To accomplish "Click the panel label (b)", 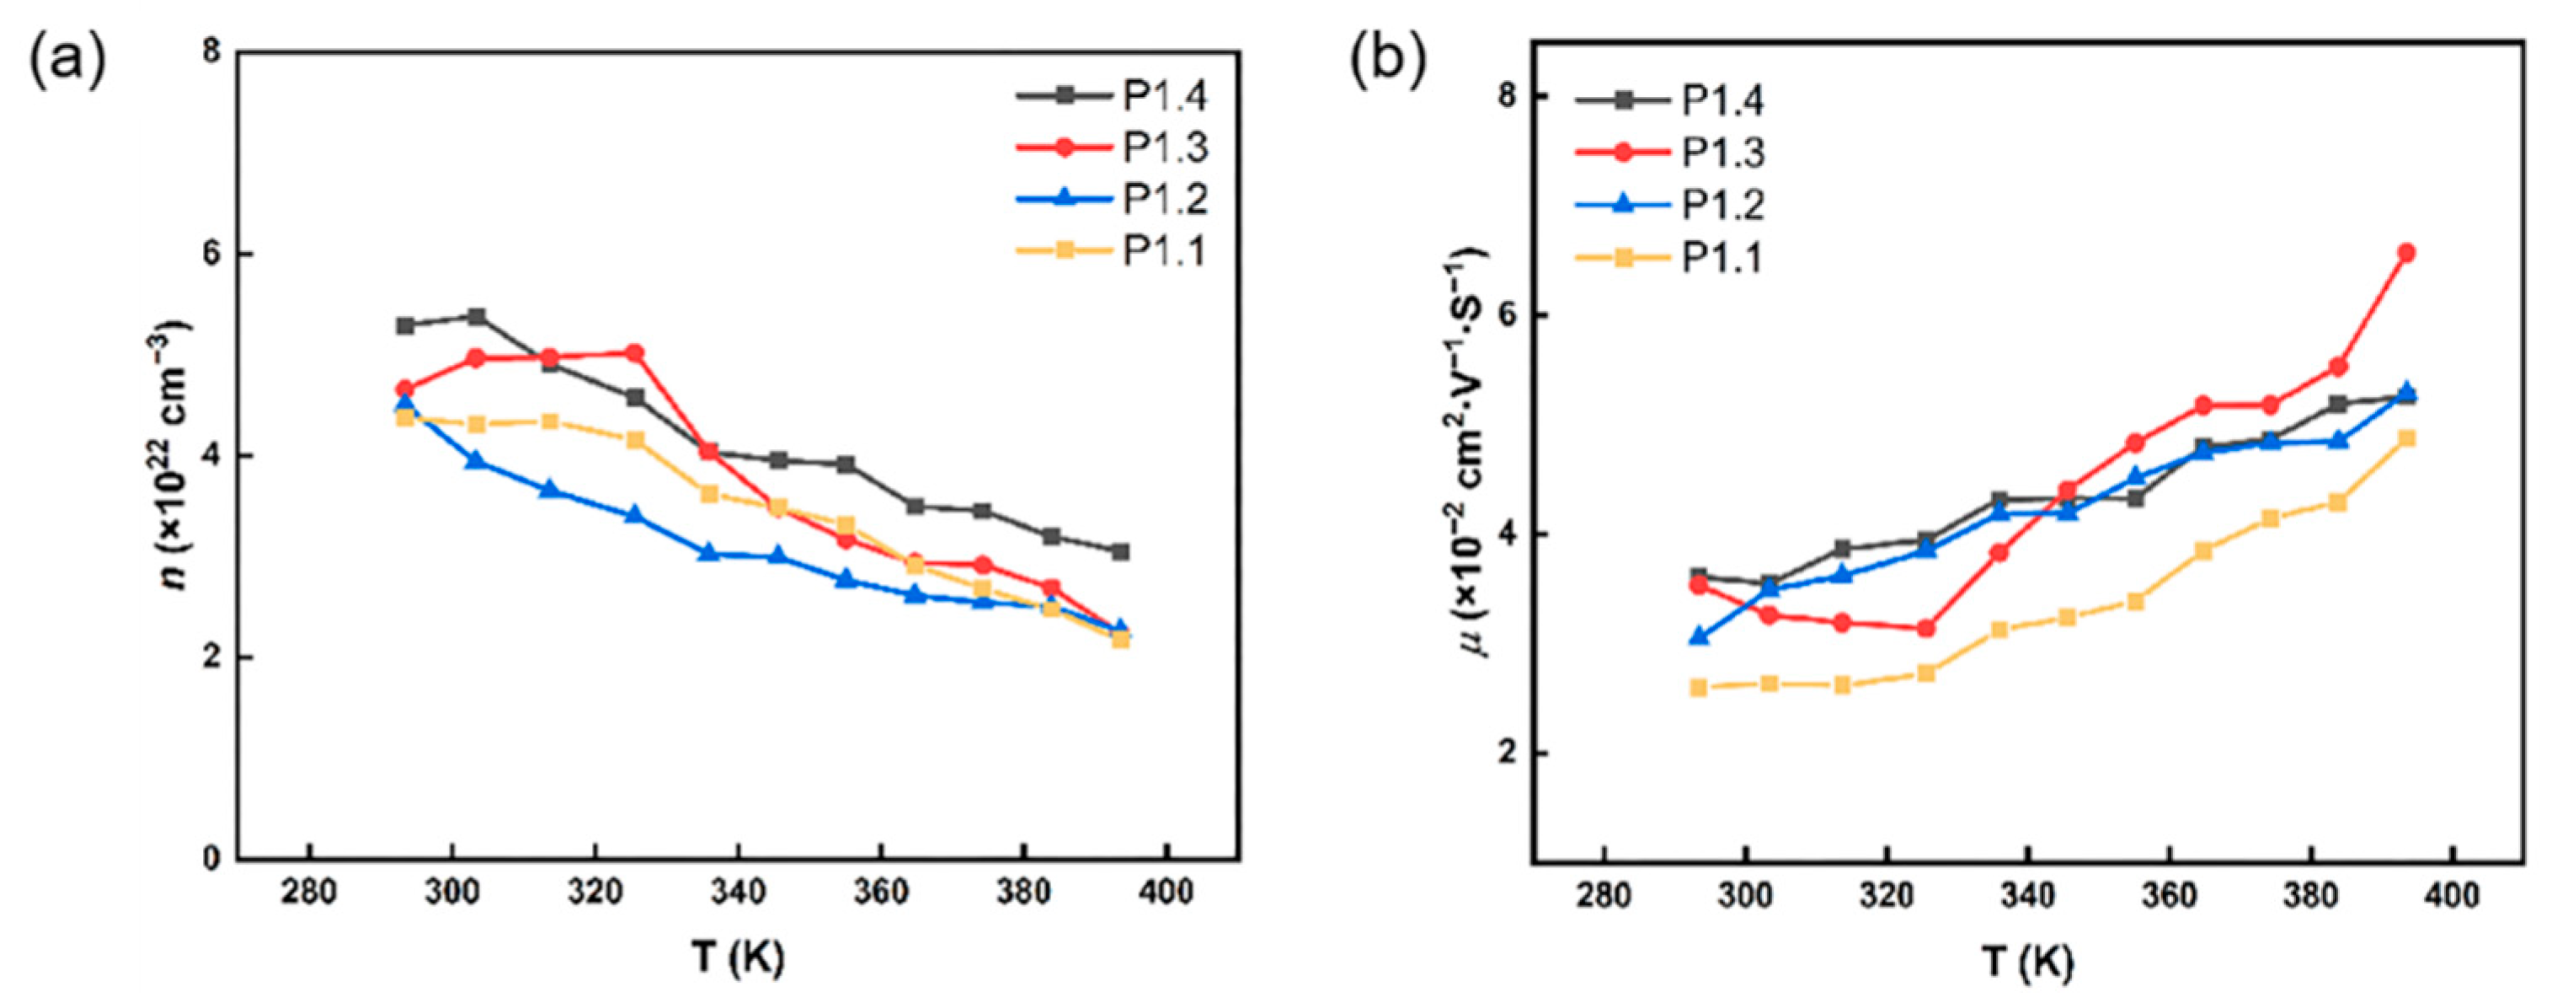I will [1390, 62].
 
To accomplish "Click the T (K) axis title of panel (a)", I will [738, 958].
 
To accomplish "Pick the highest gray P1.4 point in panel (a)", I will [476, 316].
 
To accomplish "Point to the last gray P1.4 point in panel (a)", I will [1120, 552].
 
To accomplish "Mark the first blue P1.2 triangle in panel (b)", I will [1698, 636].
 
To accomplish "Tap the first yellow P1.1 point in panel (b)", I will [1698, 688].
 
